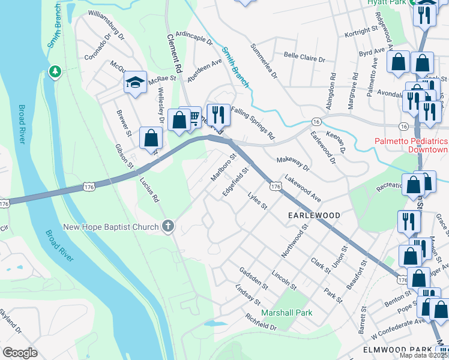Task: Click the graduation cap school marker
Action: click(x=136, y=82)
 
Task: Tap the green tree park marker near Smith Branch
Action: click(x=55, y=72)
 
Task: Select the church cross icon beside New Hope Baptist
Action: click(x=168, y=226)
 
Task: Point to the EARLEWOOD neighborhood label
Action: click(x=314, y=215)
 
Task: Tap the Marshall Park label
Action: click(x=287, y=313)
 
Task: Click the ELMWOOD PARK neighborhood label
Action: click(x=397, y=349)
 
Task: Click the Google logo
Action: click(x=20, y=353)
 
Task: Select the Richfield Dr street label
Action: click(x=260, y=324)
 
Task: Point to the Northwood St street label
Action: click(x=294, y=240)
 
